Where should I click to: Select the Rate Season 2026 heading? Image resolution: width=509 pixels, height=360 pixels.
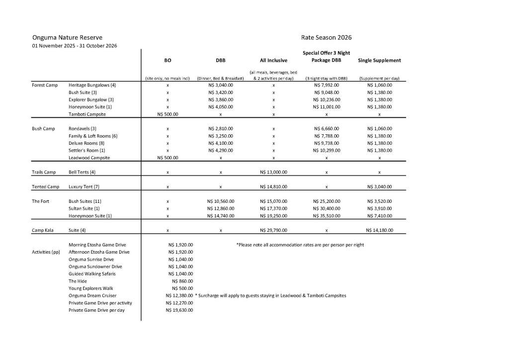[x=327, y=37]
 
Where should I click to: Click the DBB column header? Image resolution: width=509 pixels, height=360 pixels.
[x=220, y=61]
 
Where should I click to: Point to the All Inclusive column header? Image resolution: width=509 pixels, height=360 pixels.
[x=273, y=61]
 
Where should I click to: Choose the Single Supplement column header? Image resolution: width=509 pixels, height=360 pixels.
[x=379, y=61]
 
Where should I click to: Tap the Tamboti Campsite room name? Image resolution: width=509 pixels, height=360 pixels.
[x=87, y=114]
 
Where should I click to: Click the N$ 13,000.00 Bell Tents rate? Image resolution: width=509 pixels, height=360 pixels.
[x=273, y=172]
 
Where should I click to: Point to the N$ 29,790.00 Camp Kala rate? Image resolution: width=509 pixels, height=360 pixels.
[x=273, y=230]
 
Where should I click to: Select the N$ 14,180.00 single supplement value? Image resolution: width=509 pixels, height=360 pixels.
[x=379, y=230]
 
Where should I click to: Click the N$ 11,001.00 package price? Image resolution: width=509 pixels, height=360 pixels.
[x=327, y=107]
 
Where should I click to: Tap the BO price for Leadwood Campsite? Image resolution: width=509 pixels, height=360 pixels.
[x=168, y=158]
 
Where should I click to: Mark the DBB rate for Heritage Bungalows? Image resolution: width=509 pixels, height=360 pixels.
[x=220, y=85]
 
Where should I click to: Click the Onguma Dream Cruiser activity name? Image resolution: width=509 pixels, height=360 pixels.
[x=92, y=295]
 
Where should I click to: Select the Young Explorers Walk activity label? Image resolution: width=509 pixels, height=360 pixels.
[x=90, y=288]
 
